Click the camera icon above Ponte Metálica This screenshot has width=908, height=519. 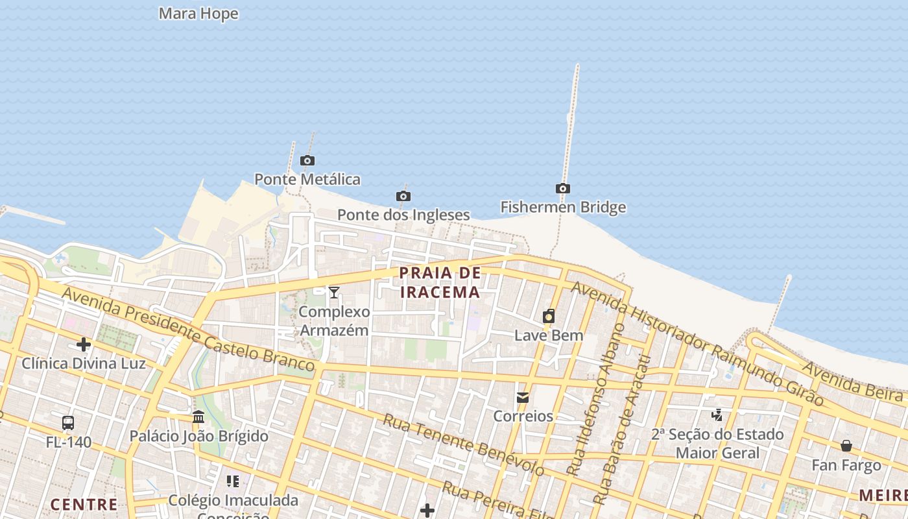307,160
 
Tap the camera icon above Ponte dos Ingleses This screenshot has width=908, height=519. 403,196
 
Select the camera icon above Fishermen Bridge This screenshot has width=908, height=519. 563,189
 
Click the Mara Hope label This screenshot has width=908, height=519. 198,14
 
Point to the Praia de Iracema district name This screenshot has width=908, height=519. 440,282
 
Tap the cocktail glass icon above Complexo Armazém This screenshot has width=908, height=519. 334,293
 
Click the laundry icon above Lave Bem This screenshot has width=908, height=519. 549,317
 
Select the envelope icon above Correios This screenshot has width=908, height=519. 523,398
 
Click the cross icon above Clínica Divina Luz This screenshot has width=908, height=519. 84,344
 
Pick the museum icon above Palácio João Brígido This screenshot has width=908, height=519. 198,416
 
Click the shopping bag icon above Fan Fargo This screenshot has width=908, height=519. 846,446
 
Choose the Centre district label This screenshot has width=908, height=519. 84,504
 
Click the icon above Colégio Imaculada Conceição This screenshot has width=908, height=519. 233,481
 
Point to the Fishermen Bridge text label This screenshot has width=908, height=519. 563,208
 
